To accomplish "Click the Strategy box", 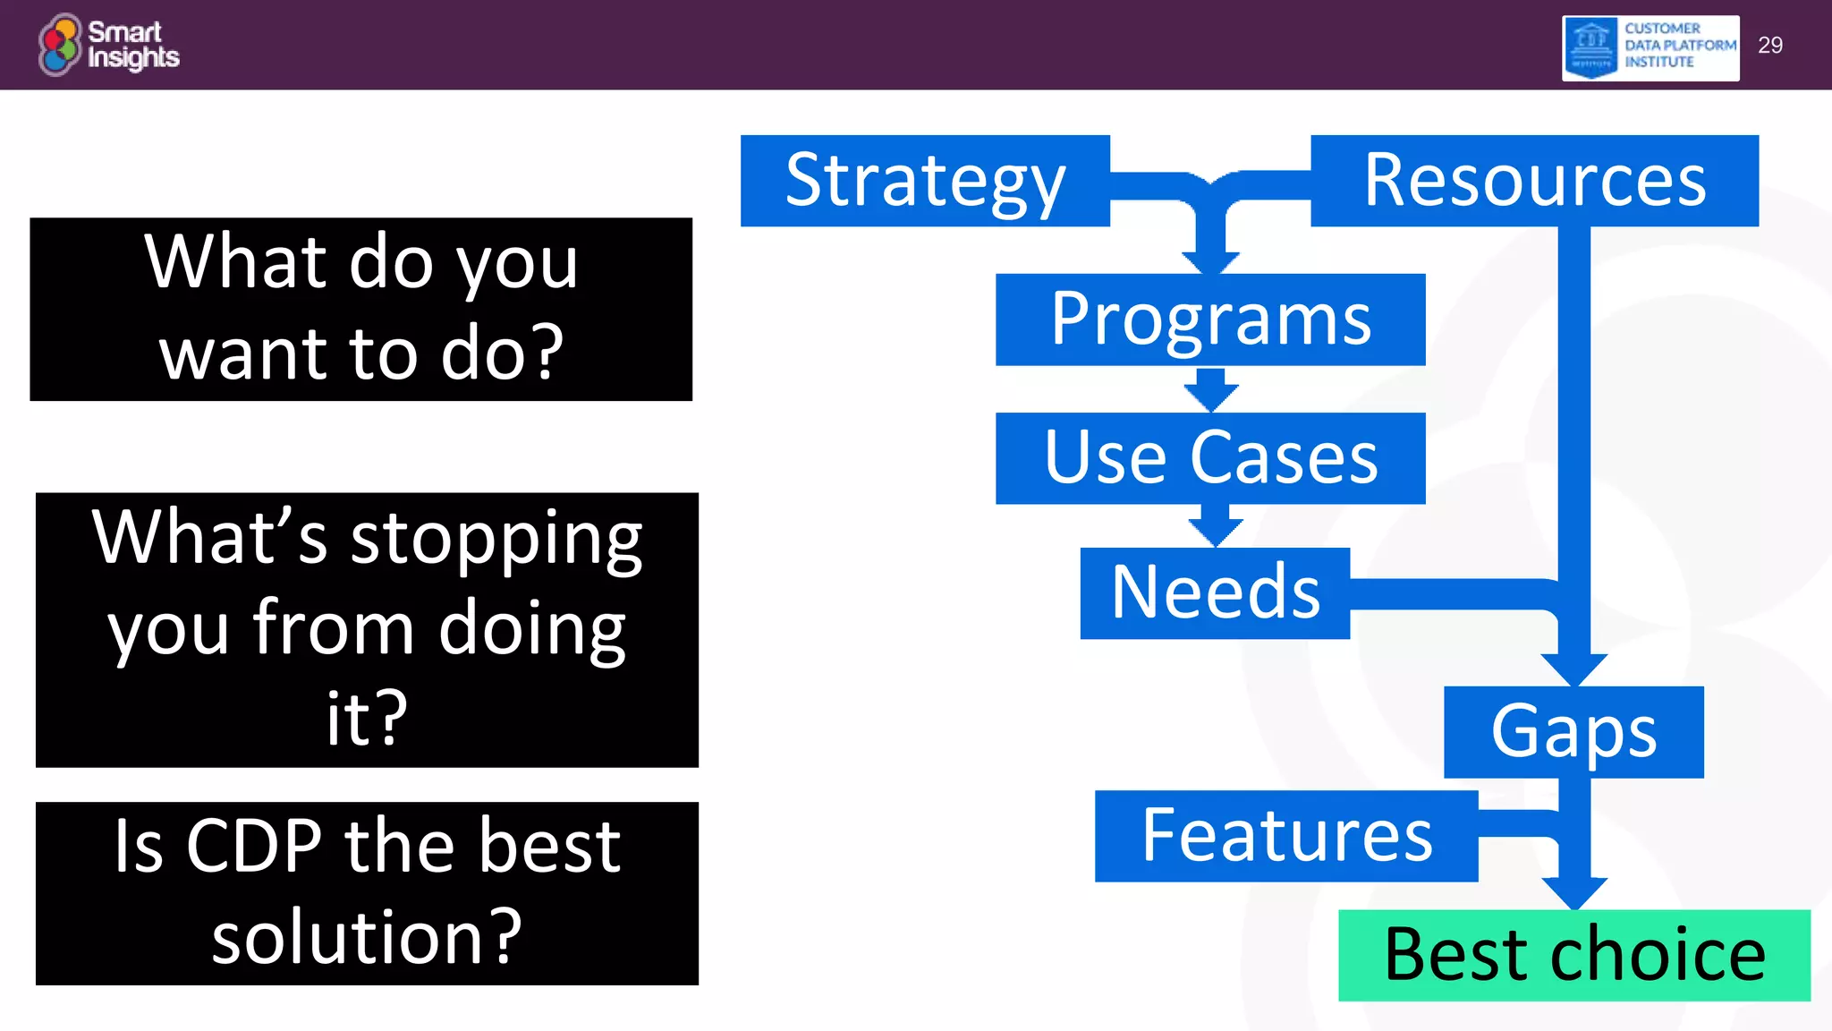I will tap(925, 181).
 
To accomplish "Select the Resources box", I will tap(1534, 181).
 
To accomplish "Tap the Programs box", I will tap(1210, 320).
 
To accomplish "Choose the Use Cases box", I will tap(1210, 458).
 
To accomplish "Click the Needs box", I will tap(1215, 593).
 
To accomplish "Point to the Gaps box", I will tap(1573, 732).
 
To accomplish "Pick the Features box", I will tap(1286, 836).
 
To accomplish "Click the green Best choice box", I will tap(1574, 955).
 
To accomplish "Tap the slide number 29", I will tap(1769, 46).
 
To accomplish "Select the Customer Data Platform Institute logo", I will tap(1650, 47).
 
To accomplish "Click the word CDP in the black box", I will tap(253, 847).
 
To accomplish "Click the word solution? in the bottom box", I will tap(367, 937).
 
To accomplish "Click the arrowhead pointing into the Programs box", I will tap(1210, 262).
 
